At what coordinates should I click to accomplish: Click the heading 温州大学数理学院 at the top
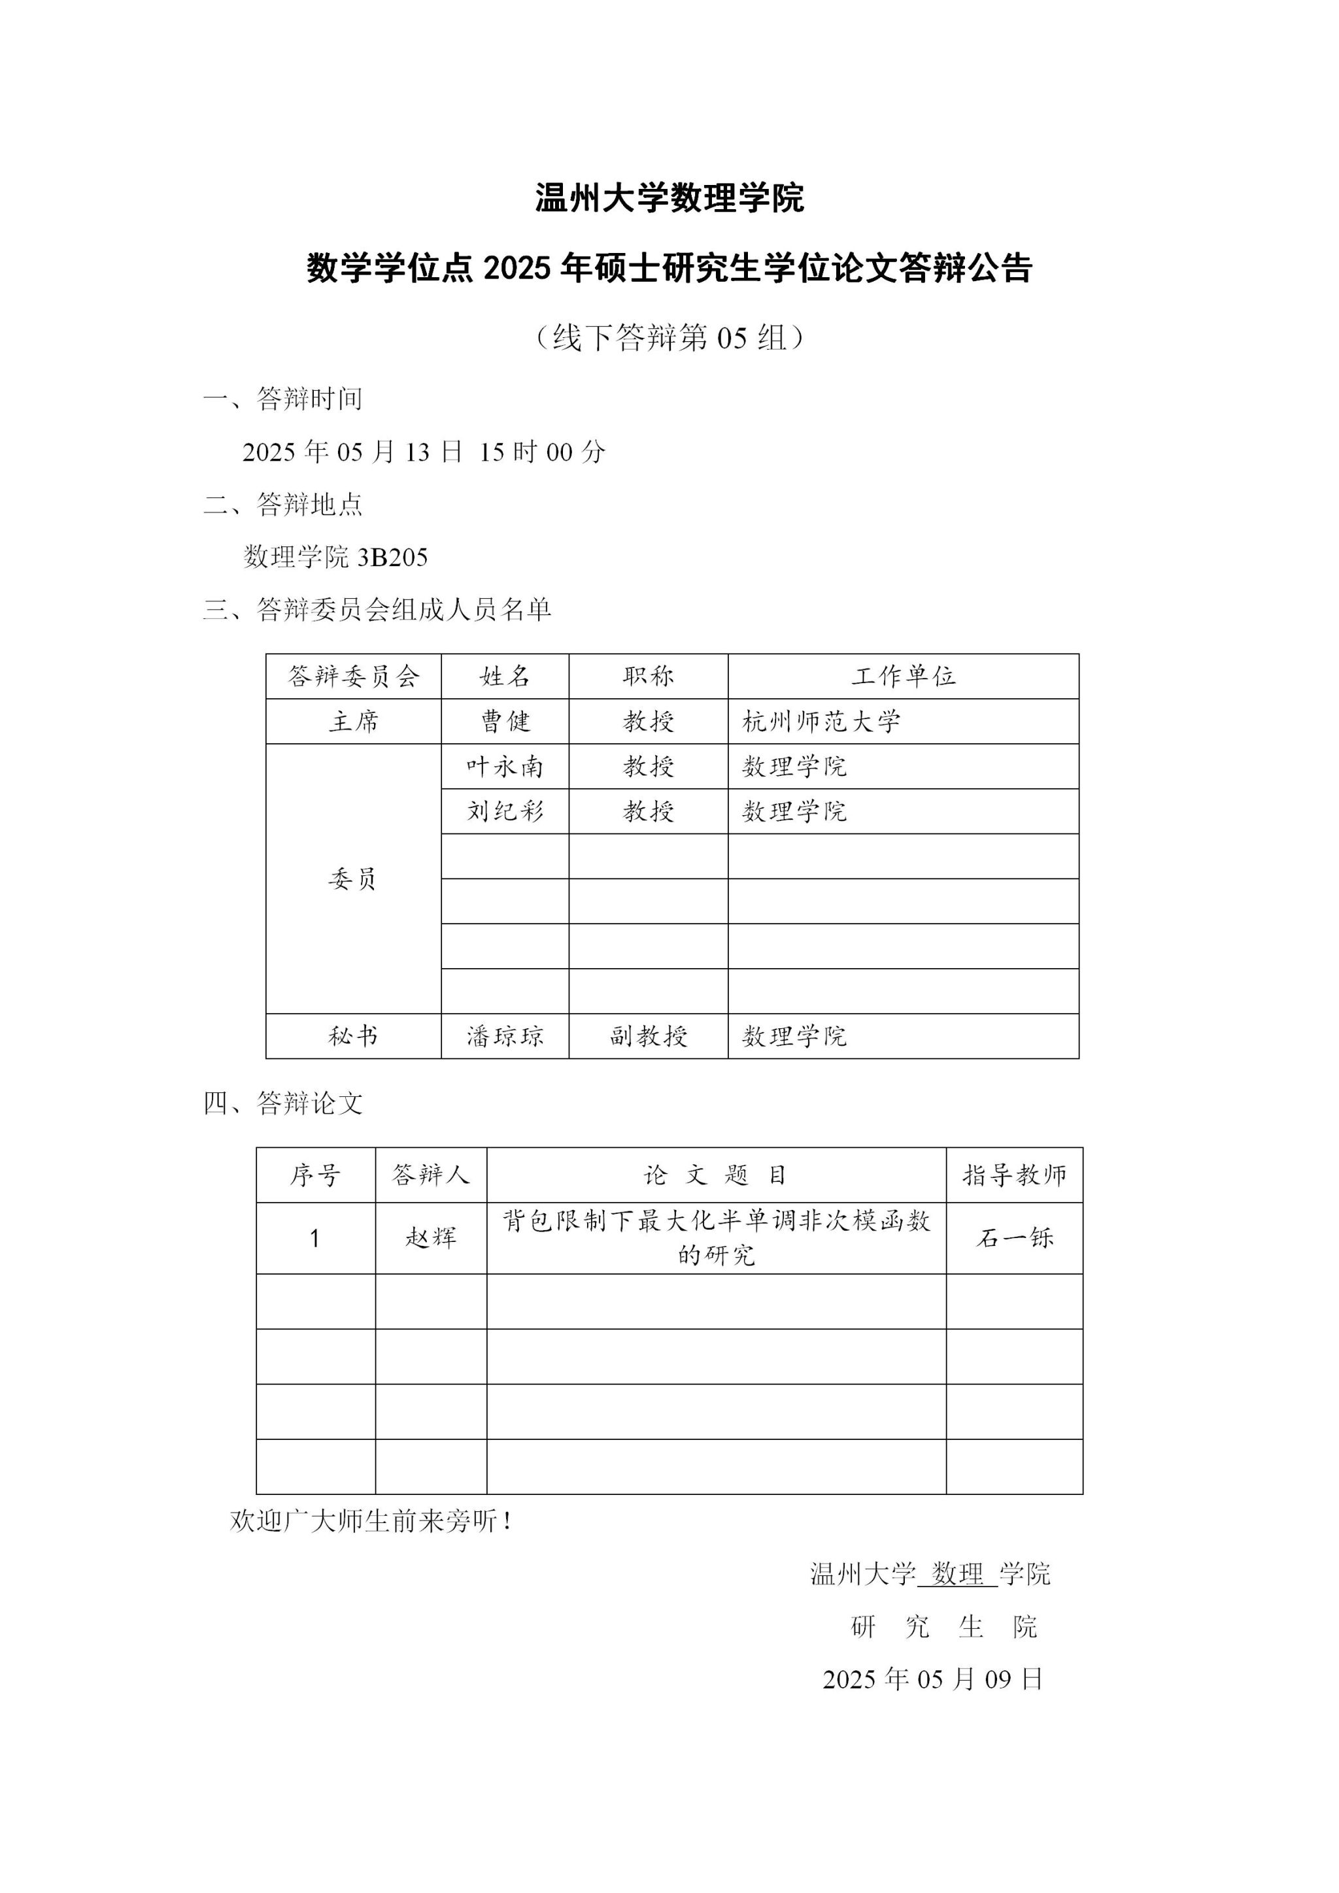click(669, 199)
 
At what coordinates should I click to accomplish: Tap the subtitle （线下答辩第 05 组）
click(669, 337)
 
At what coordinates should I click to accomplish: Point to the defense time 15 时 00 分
click(543, 452)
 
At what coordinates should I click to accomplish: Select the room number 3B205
click(392, 558)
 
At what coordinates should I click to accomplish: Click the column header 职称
click(648, 677)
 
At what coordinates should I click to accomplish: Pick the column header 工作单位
click(903, 677)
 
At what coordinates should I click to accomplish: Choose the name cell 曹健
click(505, 722)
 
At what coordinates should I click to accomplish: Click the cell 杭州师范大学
click(821, 722)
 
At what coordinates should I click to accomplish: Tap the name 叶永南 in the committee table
click(505, 767)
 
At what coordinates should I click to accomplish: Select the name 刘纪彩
click(505, 811)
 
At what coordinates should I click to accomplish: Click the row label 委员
click(353, 879)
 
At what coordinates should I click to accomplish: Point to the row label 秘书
click(353, 1035)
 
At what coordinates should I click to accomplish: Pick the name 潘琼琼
click(505, 1035)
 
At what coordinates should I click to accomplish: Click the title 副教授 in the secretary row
click(648, 1035)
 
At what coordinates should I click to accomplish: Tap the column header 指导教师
click(1014, 1175)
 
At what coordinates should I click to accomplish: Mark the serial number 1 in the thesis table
click(315, 1239)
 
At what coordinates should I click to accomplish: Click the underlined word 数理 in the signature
click(957, 1574)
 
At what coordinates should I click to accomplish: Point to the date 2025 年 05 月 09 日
click(932, 1679)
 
